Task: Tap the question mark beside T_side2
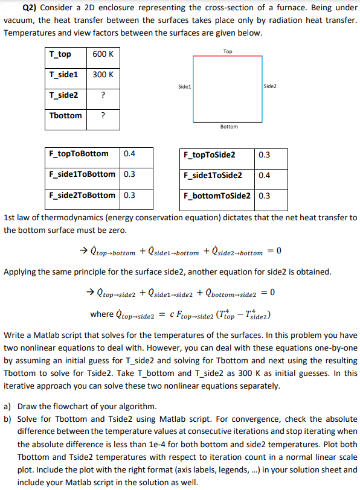click(103, 95)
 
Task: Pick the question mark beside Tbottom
click(103, 115)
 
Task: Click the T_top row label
click(60, 54)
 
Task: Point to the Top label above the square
click(228, 51)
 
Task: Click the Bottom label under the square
click(229, 127)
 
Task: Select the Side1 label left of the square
click(185, 87)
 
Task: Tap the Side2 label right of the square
click(270, 87)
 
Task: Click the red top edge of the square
click(228, 56)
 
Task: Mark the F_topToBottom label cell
click(79, 153)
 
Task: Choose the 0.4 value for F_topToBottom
click(129, 153)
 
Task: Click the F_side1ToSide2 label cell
click(213, 175)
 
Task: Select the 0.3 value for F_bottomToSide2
click(264, 196)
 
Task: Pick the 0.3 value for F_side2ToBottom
click(129, 195)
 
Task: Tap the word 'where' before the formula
click(101, 314)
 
